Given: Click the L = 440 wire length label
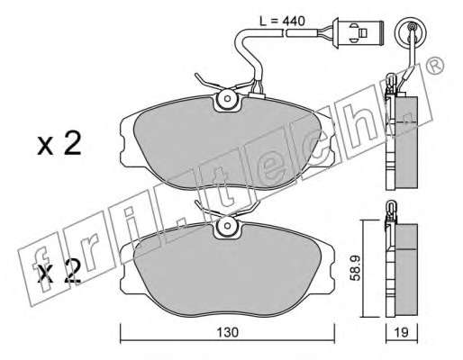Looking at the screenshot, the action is tap(282, 21).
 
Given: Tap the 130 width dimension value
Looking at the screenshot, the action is tap(227, 332).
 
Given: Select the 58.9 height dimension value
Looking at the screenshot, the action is tap(356, 268).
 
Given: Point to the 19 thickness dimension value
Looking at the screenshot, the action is tap(401, 332).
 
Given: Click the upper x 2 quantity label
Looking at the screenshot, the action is tap(59, 144).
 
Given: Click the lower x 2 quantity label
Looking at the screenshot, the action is tap(59, 272).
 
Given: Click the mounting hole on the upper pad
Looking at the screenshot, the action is tap(227, 98).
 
